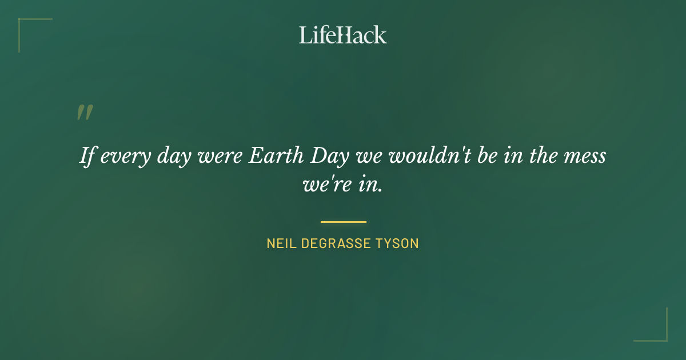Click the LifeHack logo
(342, 35)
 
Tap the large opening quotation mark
(85, 113)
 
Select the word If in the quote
(86, 156)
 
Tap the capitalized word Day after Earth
(324, 156)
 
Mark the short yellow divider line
(343, 222)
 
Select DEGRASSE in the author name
(338, 243)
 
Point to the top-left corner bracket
(26, 26)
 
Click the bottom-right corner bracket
(660, 334)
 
